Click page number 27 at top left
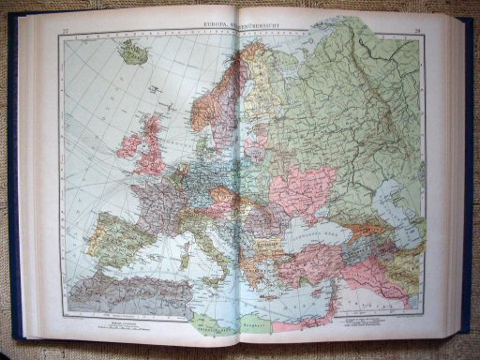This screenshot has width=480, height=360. point(64,35)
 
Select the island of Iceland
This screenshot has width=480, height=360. point(133,52)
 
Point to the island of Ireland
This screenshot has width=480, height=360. point(128,145)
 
